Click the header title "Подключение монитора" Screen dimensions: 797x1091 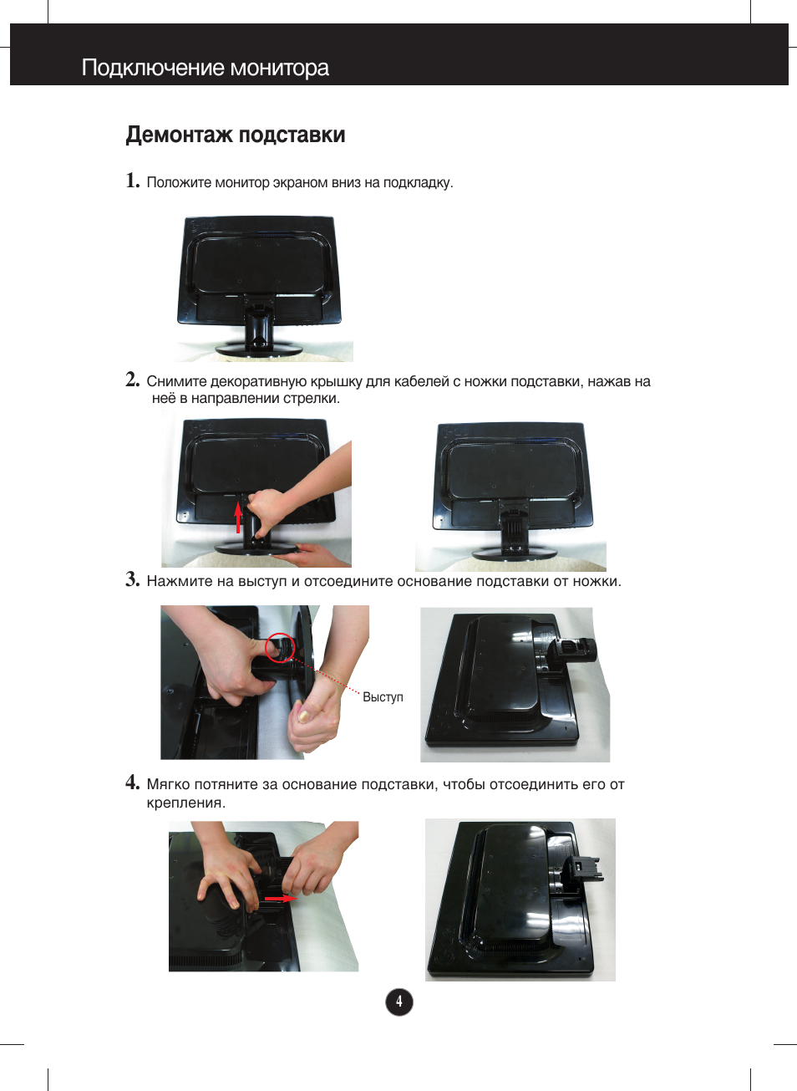(x=206, y=67)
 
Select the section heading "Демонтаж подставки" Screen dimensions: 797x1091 (x=236, y=135)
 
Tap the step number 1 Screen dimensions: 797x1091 (x=132, y=181)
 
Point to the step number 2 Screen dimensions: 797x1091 (x=132, y=380)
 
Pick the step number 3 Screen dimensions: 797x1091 (x=132, y=579)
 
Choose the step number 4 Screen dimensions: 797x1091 (x=132, y=783)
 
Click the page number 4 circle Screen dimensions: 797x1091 (x=399, y=1002)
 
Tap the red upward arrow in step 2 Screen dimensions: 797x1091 (x=238, y=517)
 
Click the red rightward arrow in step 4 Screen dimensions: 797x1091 (x=281, y=898)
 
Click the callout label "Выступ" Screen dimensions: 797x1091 (x=383, y=697)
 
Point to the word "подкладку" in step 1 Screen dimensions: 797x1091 (x=418, y=183)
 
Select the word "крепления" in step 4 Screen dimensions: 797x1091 (x=185, y=803)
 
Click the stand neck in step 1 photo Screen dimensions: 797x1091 (x=258, y=323)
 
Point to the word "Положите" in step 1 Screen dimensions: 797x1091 (x=179, y=182)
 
